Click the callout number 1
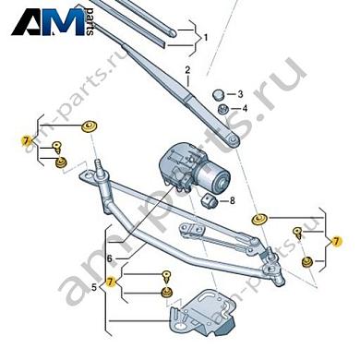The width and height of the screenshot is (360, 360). (207, 38)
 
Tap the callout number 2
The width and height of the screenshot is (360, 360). (186, 70)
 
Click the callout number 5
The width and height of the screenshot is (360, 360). (93, 290)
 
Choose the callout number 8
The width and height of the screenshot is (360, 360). (232, 201)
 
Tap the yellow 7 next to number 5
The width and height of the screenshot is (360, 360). (112, 282)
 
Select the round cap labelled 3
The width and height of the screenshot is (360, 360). (219, 94)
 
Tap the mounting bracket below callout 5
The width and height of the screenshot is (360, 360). (200, 311)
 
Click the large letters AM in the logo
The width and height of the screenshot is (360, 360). (51, 20)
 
